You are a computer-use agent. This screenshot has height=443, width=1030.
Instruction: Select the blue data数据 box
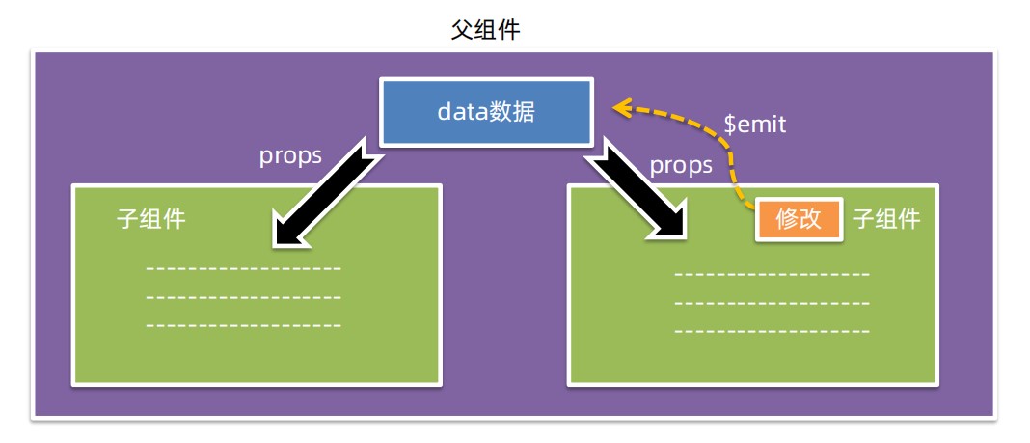[x=485, y=113]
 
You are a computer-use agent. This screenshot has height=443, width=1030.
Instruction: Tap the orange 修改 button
[x=799, y=220]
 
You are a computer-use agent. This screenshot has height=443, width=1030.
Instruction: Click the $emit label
[x=755, y=125]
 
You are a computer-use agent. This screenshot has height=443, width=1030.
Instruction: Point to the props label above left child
[x=290, y=156]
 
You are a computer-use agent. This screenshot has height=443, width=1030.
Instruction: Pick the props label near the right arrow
[x=681, y=165]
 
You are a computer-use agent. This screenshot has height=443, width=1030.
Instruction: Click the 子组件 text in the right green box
[x=886, y=220]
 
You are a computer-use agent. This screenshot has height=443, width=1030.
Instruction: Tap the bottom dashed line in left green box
[x=243, y=325]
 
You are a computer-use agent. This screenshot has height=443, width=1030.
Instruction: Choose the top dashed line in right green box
[x=772, y=275]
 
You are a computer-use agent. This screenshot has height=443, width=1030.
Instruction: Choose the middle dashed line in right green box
[x=772, y=303]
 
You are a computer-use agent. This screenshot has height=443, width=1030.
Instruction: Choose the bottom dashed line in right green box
[x=772, y=331]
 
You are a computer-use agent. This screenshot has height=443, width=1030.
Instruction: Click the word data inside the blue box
[x=462, y=113]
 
